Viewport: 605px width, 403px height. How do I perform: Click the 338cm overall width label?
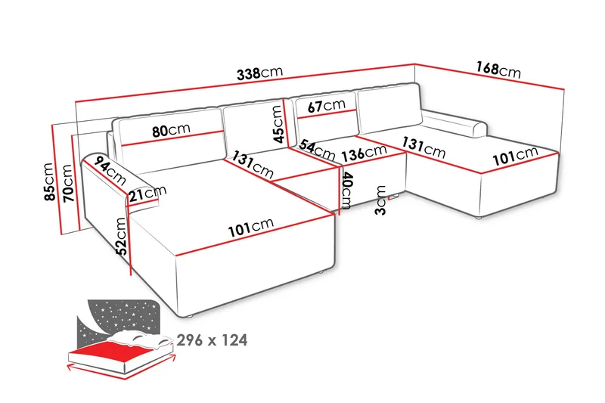coord(259,73)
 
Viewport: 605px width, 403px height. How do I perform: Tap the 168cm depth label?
coord(498,70)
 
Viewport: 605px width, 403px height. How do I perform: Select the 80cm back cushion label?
coord(171,130)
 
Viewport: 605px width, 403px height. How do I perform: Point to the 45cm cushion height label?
coord(279,123)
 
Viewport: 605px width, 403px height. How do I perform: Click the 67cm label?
coord(326,106)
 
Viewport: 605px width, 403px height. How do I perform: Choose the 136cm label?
coord(364,153)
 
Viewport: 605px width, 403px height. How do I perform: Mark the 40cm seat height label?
coord(347,191)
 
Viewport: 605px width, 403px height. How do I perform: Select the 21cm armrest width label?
coord(147,194)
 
